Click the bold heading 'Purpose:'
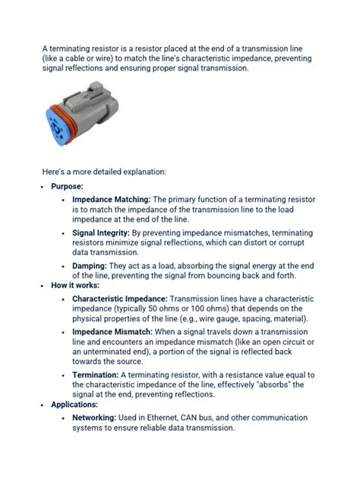click(x=67, y=186)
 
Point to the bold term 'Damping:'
click(x=90, y=266)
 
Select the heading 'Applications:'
click(x=74, y=405)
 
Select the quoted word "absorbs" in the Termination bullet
click(x=264, y=384)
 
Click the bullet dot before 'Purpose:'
click(x=43, y=186)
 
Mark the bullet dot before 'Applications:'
click(x=43, y=405)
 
